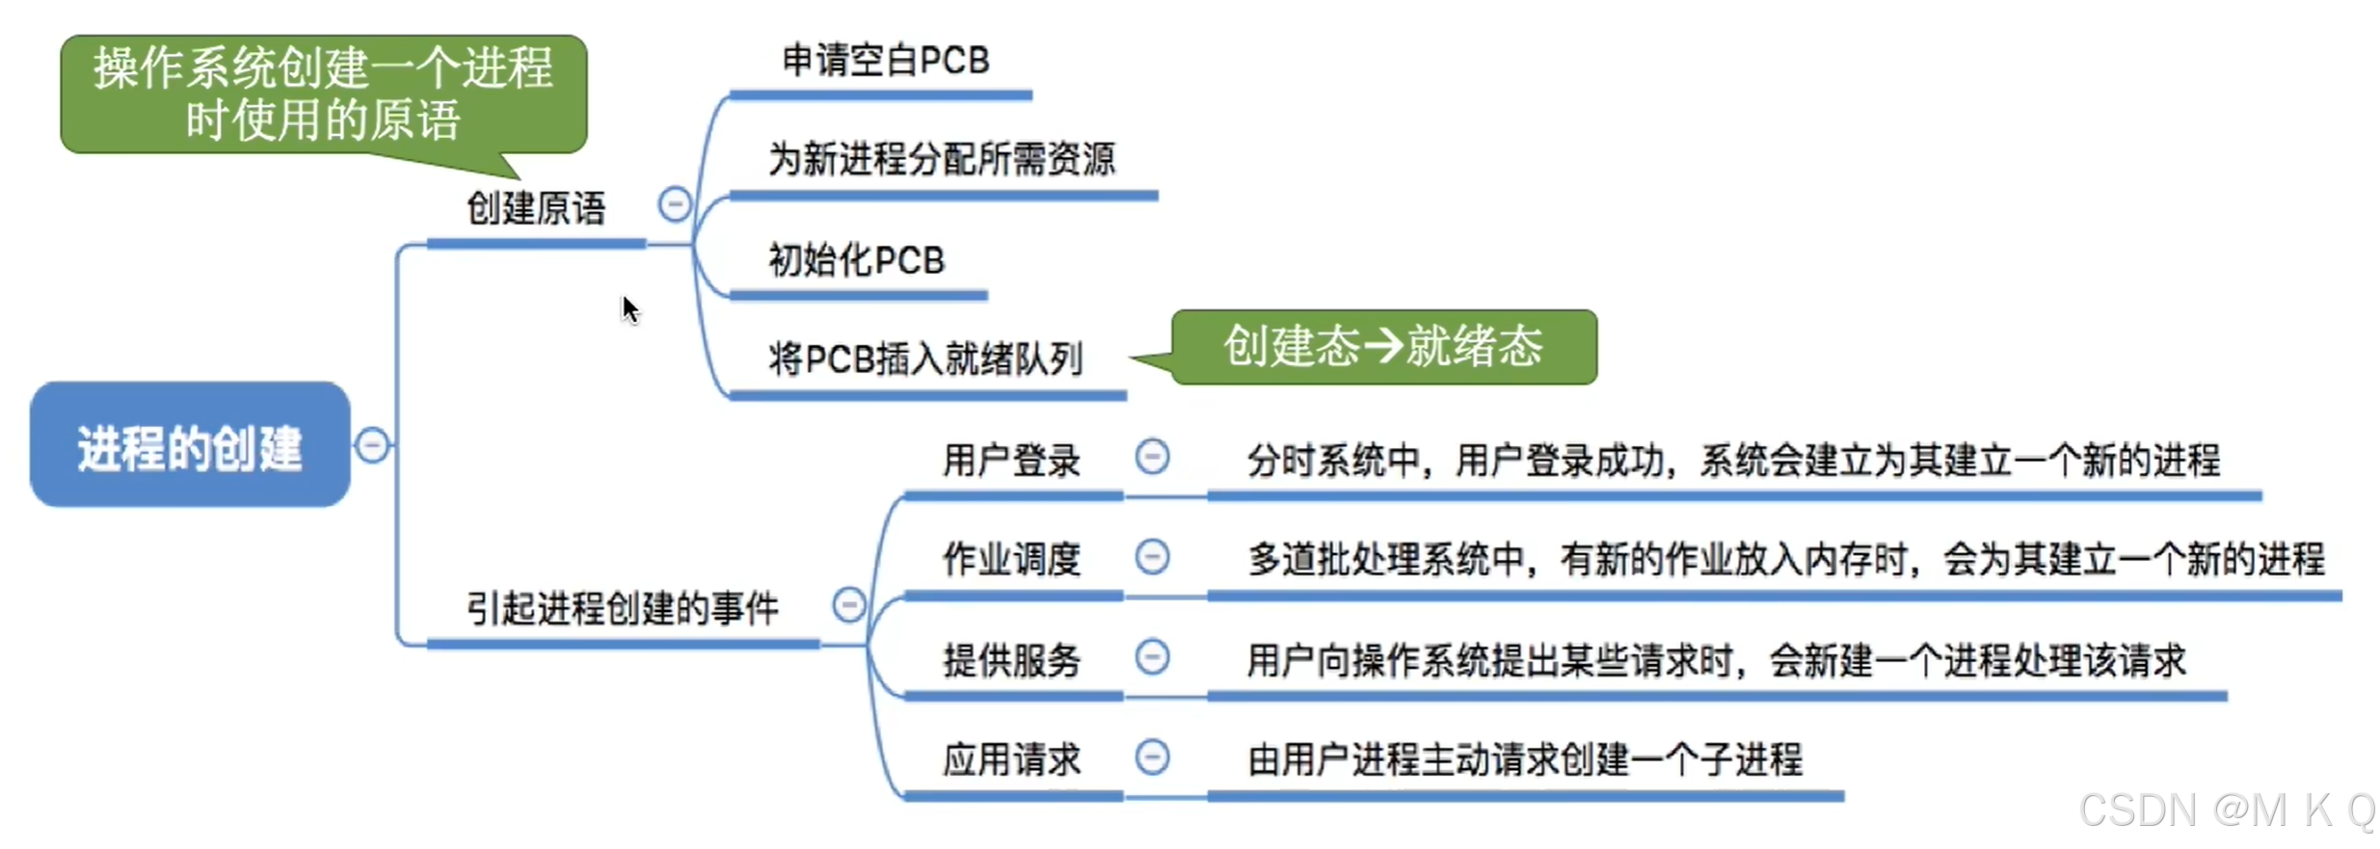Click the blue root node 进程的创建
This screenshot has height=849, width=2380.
click(190, 445)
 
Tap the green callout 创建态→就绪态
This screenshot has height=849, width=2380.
click(1383, 347)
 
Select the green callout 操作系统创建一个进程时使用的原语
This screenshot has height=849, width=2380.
click(323, 94)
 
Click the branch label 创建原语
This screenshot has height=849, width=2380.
click(536, 208)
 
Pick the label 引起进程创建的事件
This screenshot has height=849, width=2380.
click(623, 608)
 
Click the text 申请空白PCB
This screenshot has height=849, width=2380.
click(885, 61)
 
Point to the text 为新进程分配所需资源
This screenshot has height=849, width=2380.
click(942, 159)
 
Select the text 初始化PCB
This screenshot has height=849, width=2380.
click(856, 260)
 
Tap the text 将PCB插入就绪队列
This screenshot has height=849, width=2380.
click(925, 359)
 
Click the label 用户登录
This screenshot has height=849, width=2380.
click(1011, 461)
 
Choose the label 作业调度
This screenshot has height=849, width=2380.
click(1011, 559)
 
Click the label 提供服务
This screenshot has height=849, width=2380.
click(1011, 660)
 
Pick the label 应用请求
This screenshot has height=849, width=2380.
click(1011, 759)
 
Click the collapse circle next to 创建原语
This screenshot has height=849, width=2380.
click(675, 204)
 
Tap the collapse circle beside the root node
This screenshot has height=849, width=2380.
click(372, 445)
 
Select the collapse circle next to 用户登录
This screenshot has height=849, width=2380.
click(1152, 457)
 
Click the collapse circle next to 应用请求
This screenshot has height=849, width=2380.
click(1152, 756)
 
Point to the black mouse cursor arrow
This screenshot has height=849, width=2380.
click(629, 309)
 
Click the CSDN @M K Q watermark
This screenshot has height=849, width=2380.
click(2227, 810)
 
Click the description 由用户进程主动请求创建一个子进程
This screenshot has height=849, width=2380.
click(1524, 759)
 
